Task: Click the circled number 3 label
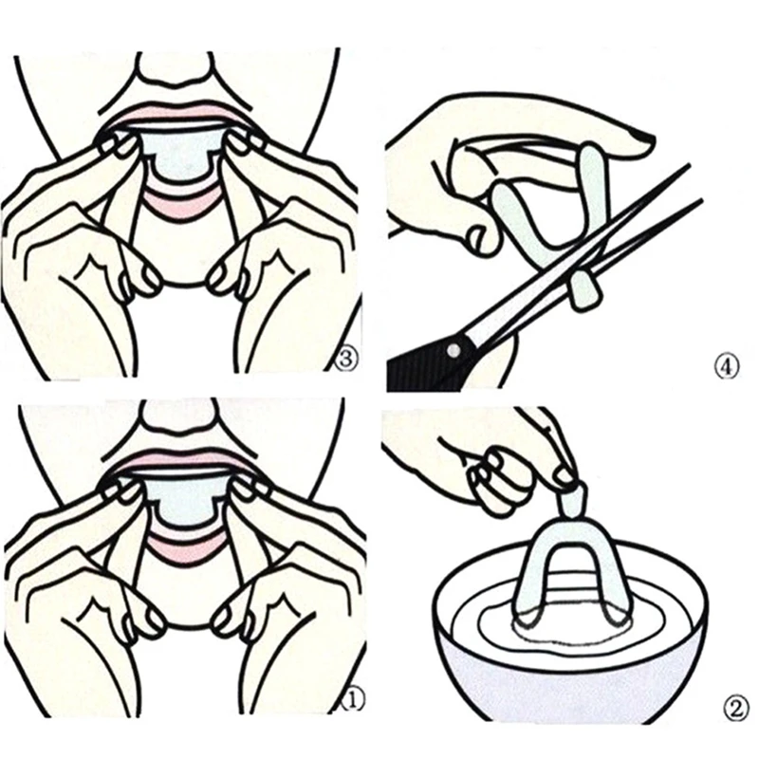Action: (348, 359)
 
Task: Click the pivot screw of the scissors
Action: (452, 351)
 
